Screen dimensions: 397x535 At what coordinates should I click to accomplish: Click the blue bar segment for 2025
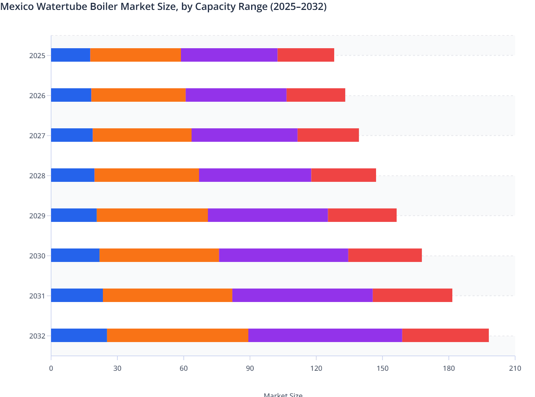(x=71, y=55)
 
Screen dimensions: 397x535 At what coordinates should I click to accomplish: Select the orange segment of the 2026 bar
(x=138, y=95)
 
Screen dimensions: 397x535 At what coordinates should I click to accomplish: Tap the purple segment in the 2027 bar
(x=244, y=135)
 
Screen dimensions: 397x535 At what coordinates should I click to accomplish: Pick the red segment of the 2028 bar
(x=343, y=175)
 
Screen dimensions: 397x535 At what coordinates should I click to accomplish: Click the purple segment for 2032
(x=325, y=335)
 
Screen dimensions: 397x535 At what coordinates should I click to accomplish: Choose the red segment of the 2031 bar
(x=412, y=295)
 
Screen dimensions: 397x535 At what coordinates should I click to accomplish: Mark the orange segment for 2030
(x=159, y=255)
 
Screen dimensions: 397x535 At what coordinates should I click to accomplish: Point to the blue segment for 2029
(x=74, y=215)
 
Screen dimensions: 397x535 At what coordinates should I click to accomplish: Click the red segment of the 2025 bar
(x=306, y=55)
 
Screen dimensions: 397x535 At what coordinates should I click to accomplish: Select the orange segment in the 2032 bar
(x=177, y=335)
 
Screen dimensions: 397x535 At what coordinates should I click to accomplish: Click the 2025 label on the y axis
(x=37, y=56)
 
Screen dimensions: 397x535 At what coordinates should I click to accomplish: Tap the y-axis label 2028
(x=37, y=176)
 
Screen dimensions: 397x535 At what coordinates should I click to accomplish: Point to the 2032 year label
(x=37, y=336)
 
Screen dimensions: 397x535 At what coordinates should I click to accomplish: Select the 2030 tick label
(x=37, y=256)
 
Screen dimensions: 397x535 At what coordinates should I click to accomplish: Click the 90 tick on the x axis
(x=250, y=368)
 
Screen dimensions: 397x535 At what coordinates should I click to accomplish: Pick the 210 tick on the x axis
(x=515, y=368)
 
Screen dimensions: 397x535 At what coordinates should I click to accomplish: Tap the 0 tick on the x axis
(x=51, y=368)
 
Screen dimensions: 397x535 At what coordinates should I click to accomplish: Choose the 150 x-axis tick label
(x=382, y=368)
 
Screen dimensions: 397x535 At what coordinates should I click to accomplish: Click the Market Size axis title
(x=283, y=394)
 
